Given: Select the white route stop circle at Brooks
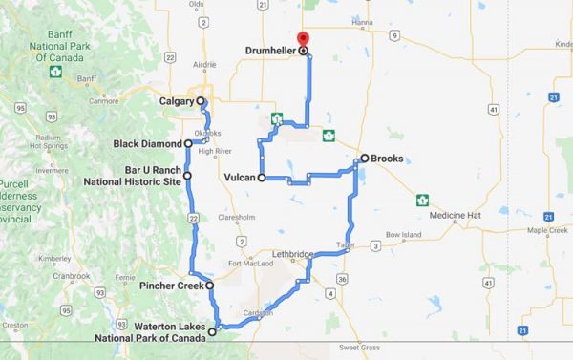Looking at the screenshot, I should pos(364,159).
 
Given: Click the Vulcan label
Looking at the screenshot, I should pos(238,178).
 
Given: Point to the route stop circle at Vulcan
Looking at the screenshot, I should pos(261,178).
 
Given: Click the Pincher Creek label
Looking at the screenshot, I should pos(172,286).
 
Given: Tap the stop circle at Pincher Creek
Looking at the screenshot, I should pos(209,286).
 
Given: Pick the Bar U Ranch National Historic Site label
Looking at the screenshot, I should pos(144,175).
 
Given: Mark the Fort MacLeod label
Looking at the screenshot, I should pos(246,264).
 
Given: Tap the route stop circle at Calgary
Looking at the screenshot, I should pos(201,101).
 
